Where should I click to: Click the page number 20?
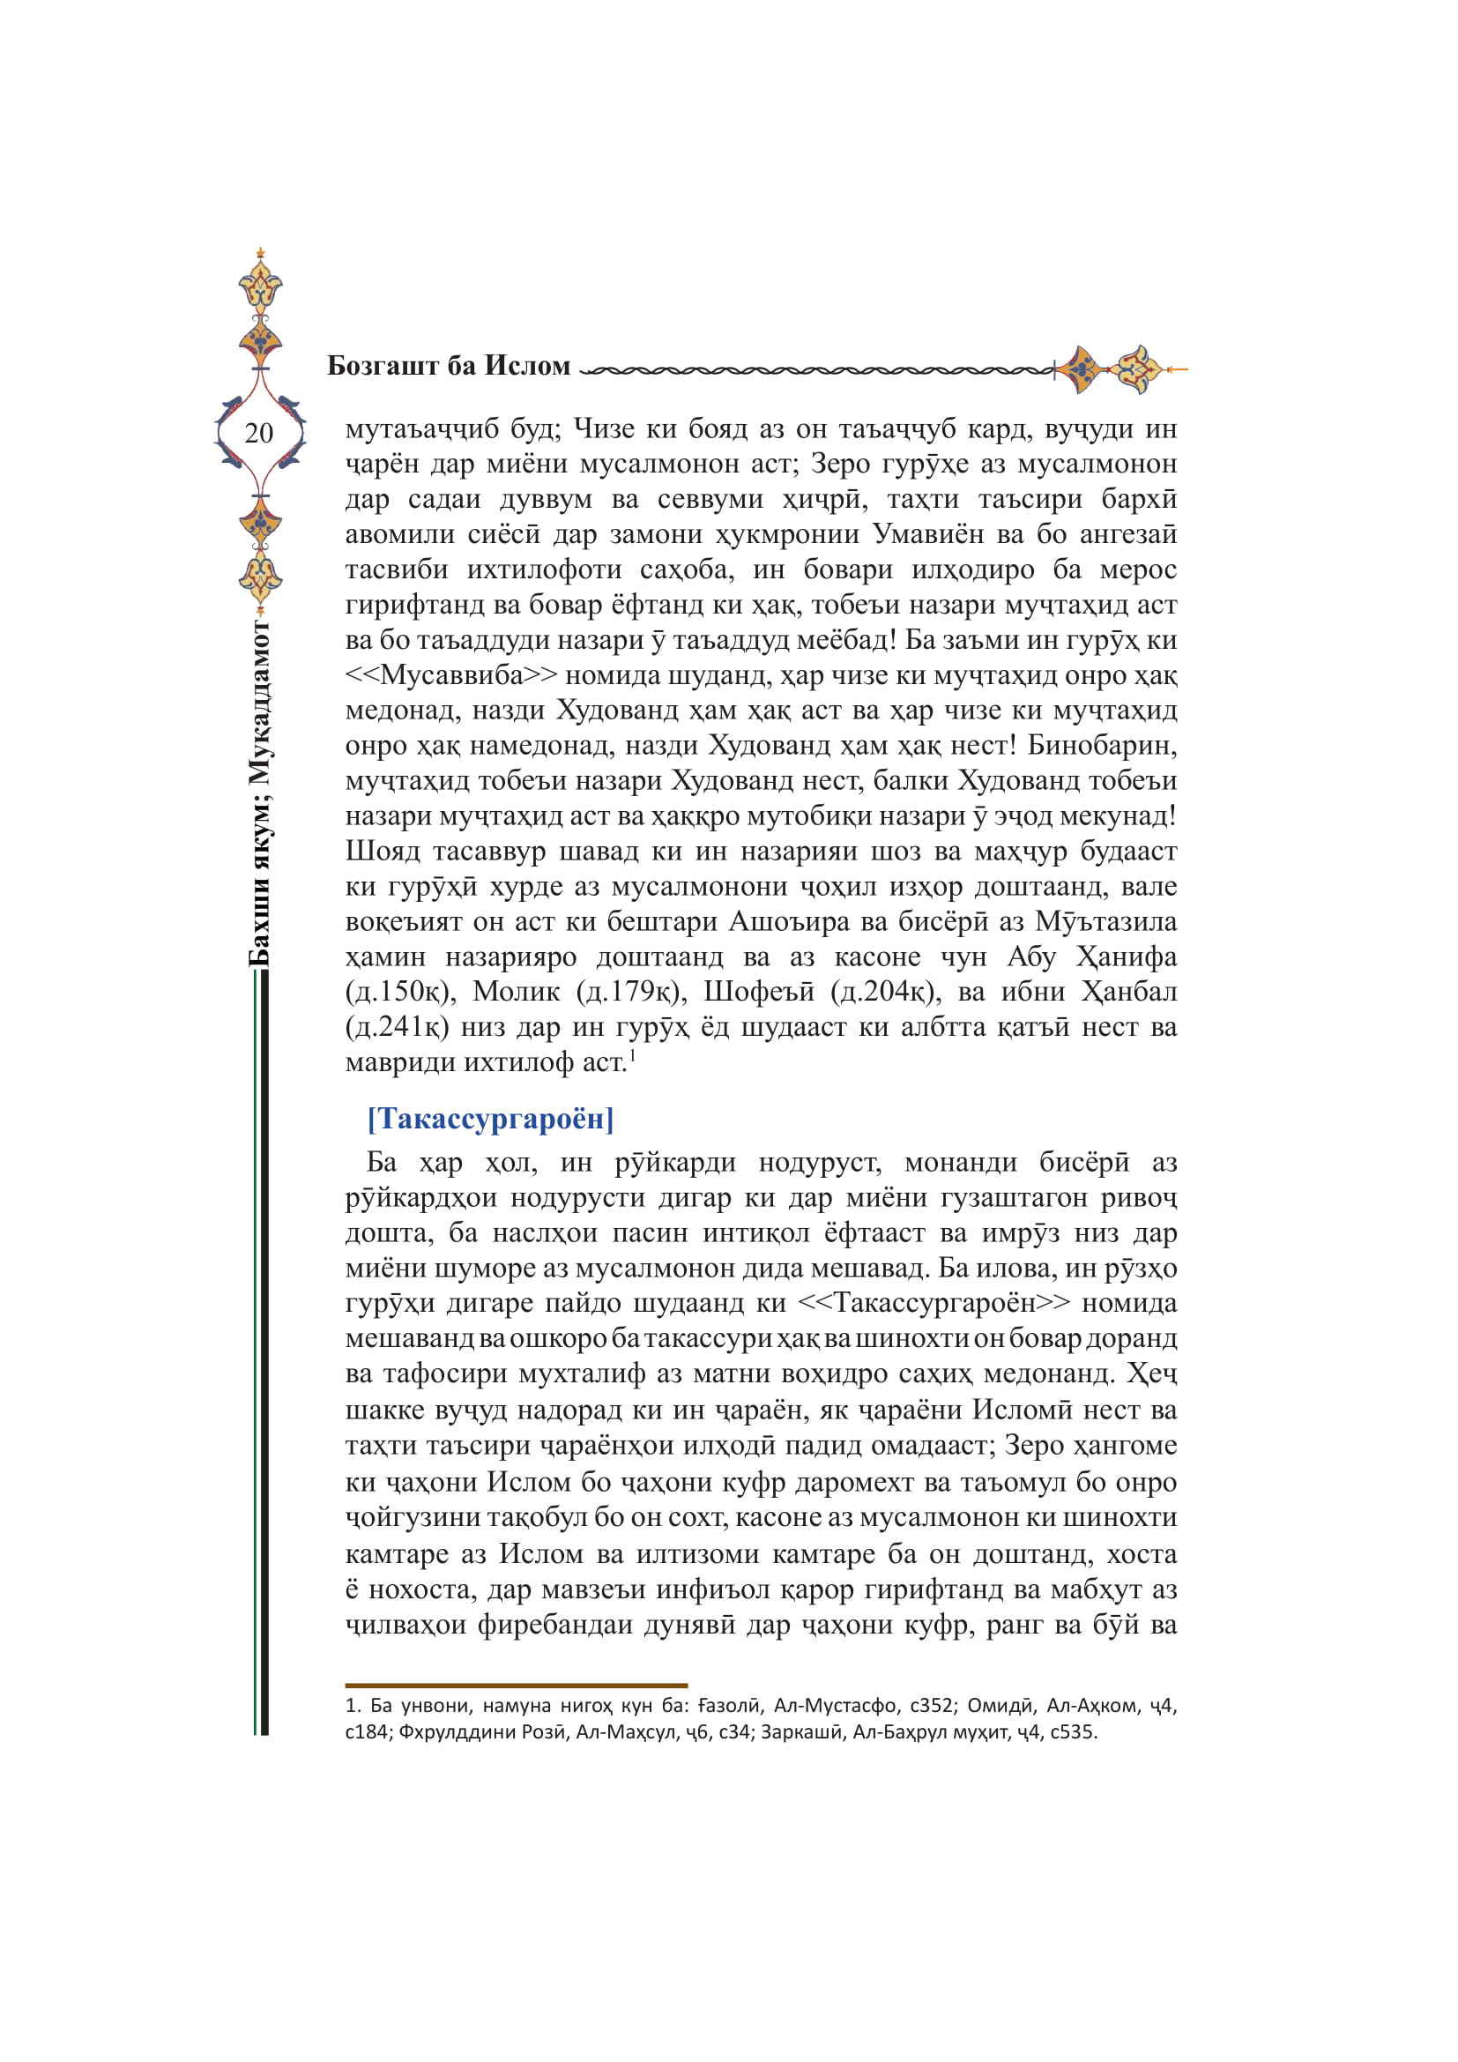pos(258,433)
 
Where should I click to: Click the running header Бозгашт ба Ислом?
pos(448,366)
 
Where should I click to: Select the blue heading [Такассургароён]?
pos(490,1118)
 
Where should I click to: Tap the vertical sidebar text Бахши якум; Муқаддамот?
pos(259,793)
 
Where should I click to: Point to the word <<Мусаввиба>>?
pos(450,674)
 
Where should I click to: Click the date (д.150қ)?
pos(397,992)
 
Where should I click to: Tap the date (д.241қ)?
pos(397,1026)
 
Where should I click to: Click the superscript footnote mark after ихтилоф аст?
pos(632,1054)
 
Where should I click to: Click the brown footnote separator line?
pos(517,1686)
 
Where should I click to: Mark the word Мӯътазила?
pos(1105,921)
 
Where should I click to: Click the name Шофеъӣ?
pos(759,992)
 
